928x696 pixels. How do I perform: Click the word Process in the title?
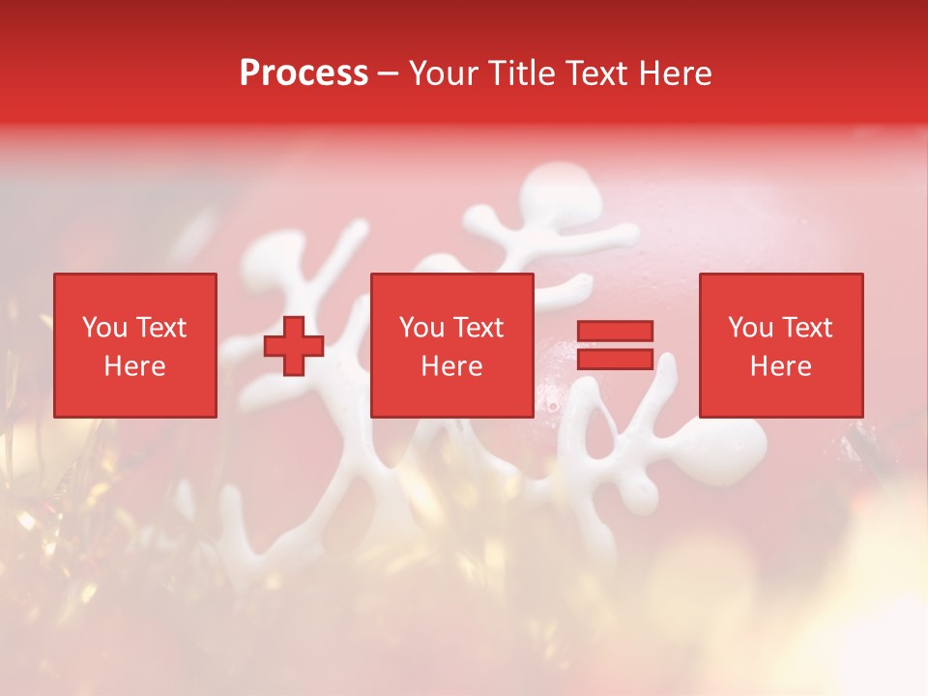click(304, 73)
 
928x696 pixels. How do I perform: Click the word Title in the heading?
click(520, 73)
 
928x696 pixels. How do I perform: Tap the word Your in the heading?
click(443, 73)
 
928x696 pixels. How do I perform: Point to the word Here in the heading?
click(676, 73)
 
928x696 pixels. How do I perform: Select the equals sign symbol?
click(615, 345)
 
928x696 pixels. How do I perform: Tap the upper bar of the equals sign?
click(615, 331)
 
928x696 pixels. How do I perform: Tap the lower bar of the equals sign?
click(615, 360)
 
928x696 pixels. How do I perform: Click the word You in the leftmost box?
click(104, 328)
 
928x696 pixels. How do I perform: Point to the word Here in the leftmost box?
click(134, 366)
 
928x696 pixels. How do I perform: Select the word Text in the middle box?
click(478, 328)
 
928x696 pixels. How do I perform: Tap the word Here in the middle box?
click(451, 366)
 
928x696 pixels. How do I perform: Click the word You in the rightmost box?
click(750, 328)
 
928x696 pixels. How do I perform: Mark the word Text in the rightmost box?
click(807, 328)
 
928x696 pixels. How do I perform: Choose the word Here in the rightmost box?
click(780, 366)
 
